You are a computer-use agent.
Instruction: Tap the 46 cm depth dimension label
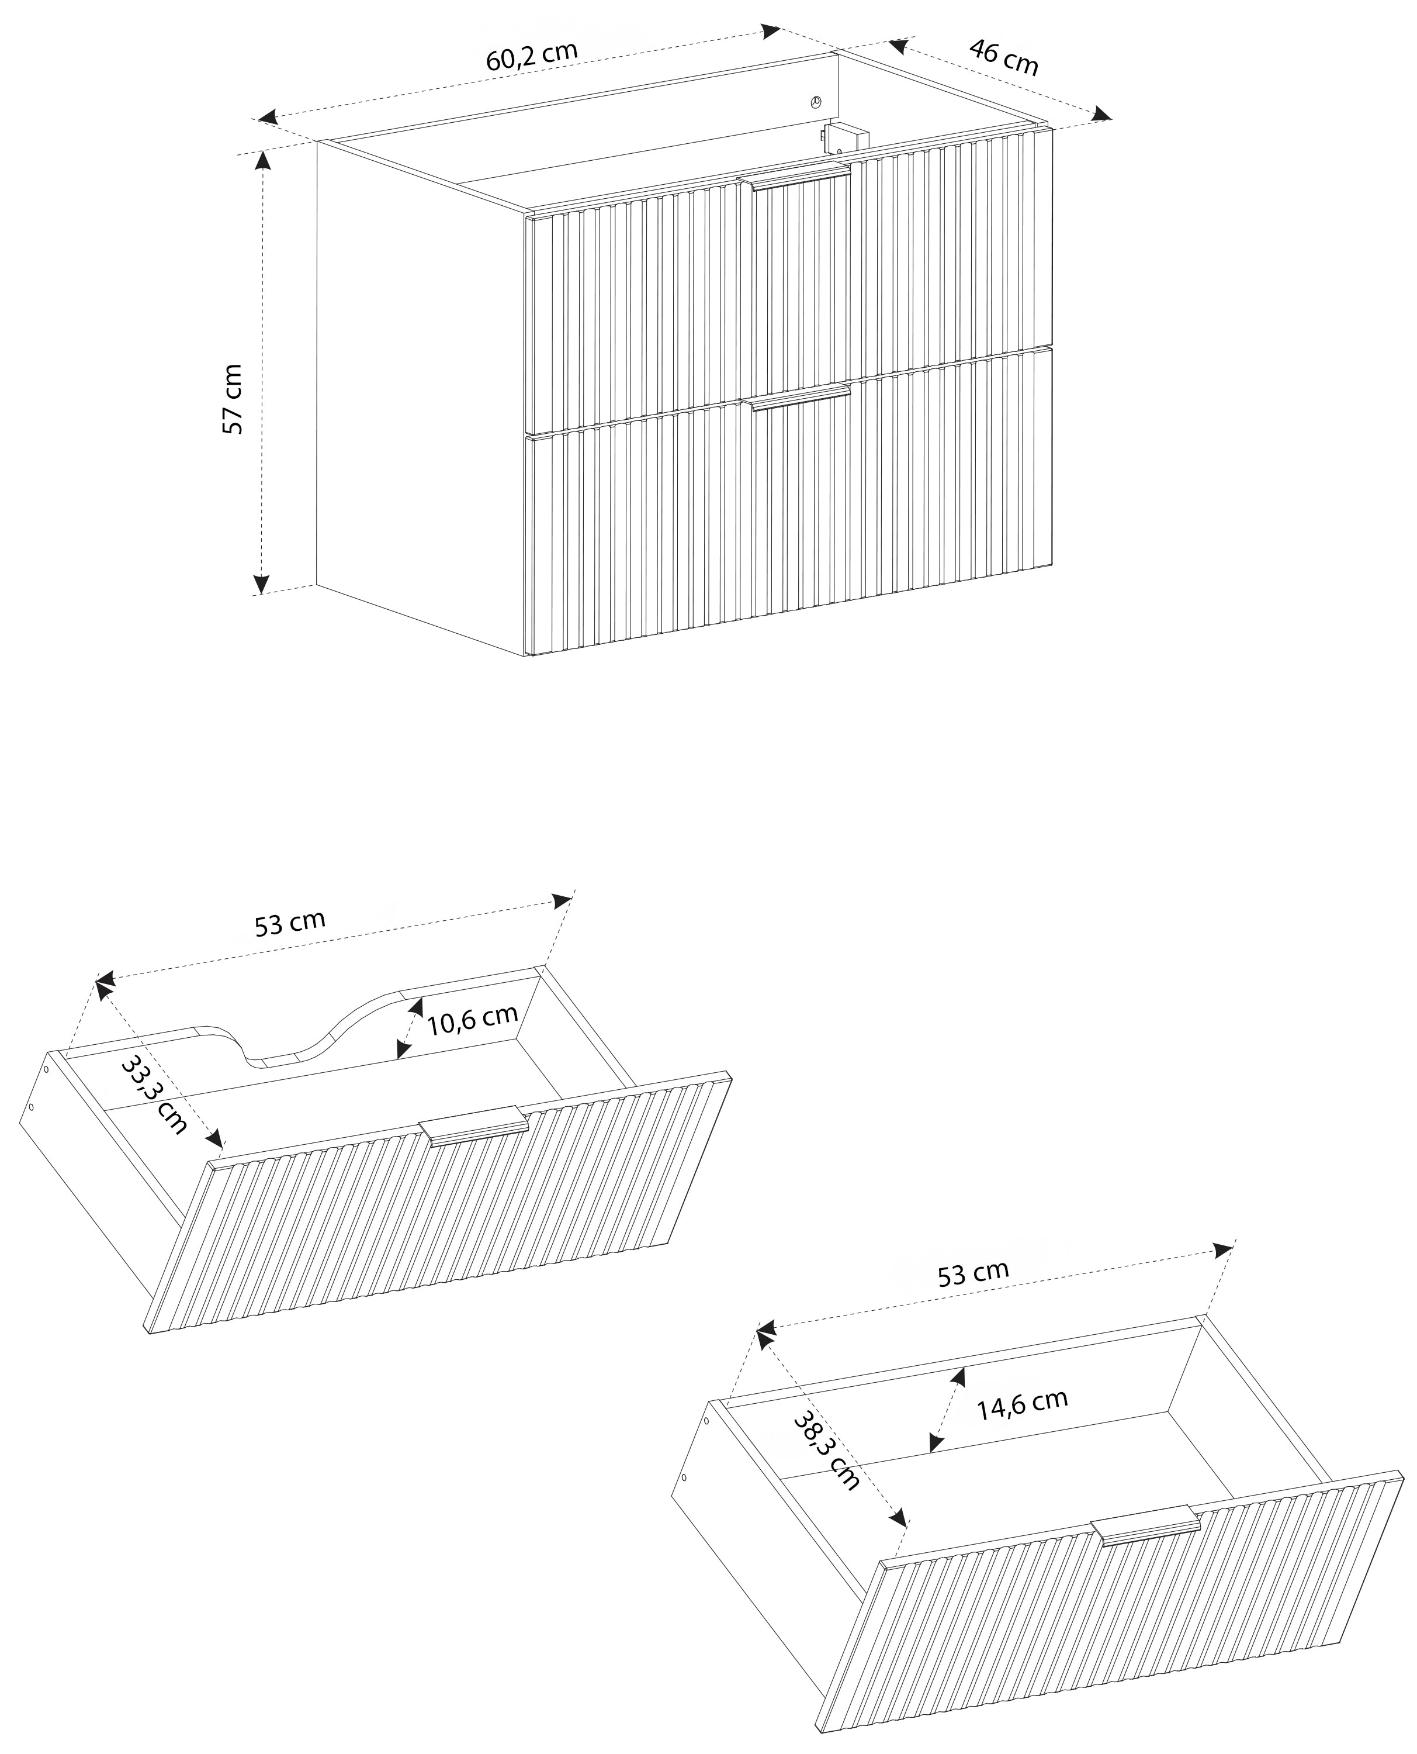[1004, 57]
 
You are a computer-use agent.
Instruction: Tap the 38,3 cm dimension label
[827, 1451]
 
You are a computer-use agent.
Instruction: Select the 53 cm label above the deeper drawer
[973, 1272]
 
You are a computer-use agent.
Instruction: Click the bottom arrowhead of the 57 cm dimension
[261, 583]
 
